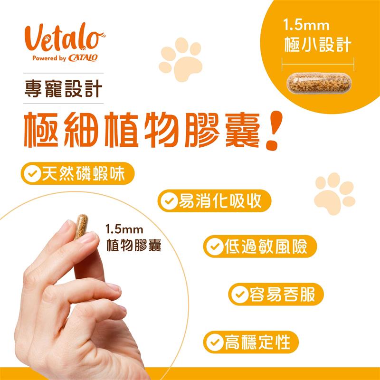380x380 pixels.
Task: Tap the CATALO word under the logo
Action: (83, 58)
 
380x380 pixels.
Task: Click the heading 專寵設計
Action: (64, 89)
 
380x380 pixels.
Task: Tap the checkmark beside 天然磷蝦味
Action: (32, 173)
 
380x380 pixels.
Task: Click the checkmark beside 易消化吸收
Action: (169, 201)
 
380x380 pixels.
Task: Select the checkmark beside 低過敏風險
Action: (215, 247)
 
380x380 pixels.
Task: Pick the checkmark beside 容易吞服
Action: (240, 294)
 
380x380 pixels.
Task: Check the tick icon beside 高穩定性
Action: (215, 342)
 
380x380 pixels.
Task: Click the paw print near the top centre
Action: (181, 59)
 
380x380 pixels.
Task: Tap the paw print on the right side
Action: (334, 193)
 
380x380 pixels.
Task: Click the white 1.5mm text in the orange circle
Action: (306, 26)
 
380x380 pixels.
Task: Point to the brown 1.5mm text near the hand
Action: (124, 229)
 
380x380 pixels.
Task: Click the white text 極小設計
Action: (317, 45)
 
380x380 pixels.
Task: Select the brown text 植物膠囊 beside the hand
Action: (134, 245)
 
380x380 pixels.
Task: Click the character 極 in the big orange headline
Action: (42, 130)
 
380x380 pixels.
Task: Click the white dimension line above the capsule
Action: (318, 65)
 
